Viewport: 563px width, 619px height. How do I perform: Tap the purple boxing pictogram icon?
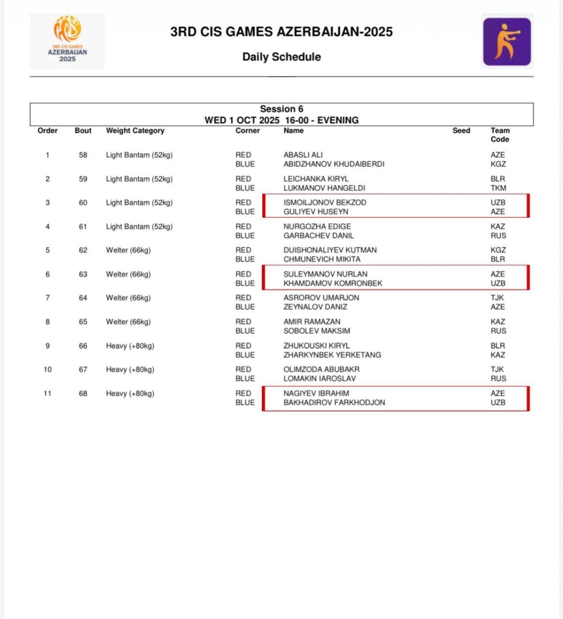(x=507, y=42)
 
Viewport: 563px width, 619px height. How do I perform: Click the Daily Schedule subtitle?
(x=281, y=57)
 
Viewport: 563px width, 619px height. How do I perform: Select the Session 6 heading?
(x=281, y=109)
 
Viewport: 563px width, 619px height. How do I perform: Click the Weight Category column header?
(x=135, y=131)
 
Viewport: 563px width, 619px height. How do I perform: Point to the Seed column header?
(x=461, y=131)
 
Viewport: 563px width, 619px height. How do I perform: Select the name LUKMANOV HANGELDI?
(x=324, y=188)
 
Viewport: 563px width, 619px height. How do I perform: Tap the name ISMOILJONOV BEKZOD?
(x=324, y=202)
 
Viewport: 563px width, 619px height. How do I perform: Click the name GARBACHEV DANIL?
(x=318, y=236)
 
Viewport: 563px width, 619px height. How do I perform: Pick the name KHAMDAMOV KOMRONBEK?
(x=333, y=283)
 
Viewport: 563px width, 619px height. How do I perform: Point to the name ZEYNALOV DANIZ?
(x=315, y=307)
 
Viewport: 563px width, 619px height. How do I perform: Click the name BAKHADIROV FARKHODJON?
(x=334, y=402)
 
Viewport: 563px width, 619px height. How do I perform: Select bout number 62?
(x=83, y=250)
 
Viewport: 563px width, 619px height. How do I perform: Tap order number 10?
(x=48, y=369)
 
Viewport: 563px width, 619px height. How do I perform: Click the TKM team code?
(x=498, y=188)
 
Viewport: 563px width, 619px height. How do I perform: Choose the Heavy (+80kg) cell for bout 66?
(x=130, y=346)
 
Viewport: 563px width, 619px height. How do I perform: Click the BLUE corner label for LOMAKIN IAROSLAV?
(x=245, y=379)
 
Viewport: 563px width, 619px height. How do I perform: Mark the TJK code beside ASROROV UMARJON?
(x=497, y=298)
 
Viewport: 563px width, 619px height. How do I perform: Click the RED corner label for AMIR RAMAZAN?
(x=243, y=321)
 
